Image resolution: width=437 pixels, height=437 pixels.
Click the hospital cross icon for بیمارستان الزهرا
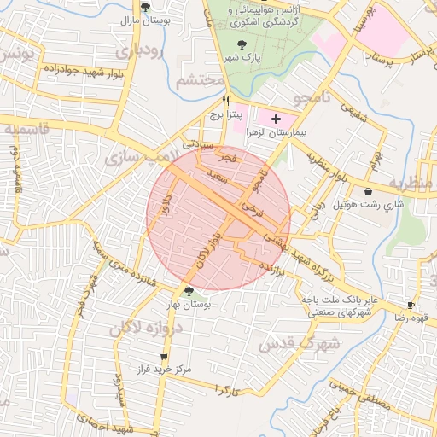pos(276,119)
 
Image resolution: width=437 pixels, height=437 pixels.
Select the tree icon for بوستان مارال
pos(145,7)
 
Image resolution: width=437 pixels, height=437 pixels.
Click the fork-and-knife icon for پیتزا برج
pos(225,100)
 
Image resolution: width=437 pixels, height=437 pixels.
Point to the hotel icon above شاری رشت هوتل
pos(368,191)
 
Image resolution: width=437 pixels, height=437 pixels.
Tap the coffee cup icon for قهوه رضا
pos(411,305)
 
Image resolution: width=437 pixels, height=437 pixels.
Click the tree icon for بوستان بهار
pos(189,292)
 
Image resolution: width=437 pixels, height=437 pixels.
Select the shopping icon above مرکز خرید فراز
pos(164,357)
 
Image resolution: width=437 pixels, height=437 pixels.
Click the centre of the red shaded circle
pos(218,218)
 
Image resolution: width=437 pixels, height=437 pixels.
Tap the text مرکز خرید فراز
pos(164,370)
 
